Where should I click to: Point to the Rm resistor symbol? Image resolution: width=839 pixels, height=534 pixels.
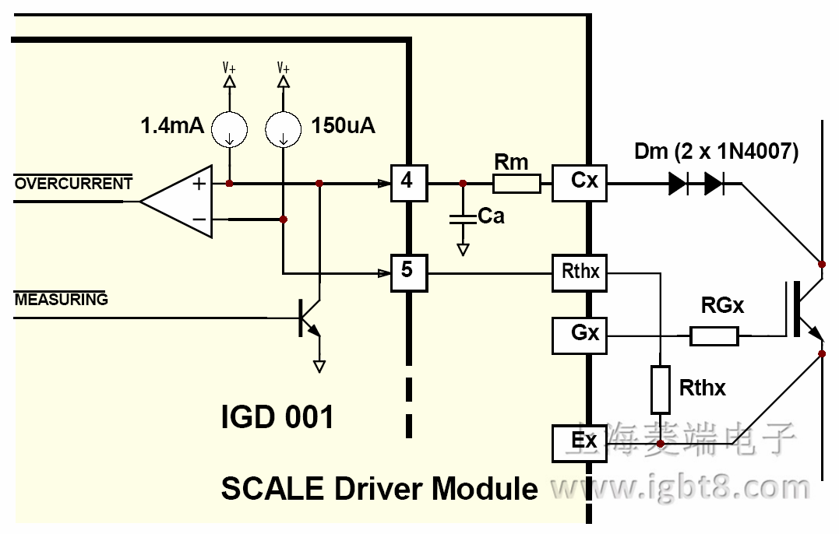(516, 184)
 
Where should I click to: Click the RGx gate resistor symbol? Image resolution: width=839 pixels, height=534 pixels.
(714, 336)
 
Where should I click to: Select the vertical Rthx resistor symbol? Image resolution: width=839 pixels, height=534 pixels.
(660, 389)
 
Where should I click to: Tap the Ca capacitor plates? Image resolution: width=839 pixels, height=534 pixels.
(463, 220)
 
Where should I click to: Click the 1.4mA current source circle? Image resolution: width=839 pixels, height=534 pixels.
(230, 128)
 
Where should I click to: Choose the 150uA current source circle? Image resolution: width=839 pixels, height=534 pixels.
(284, 128)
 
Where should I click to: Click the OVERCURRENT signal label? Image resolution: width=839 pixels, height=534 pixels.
(73, 184)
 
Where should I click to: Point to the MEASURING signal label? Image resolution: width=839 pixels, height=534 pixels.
(61, 300)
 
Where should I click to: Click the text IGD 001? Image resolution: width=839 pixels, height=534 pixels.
(277, 417)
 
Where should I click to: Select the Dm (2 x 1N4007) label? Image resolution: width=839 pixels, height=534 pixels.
(716, 152)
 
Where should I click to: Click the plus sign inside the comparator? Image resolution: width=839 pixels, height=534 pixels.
(199, 184)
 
